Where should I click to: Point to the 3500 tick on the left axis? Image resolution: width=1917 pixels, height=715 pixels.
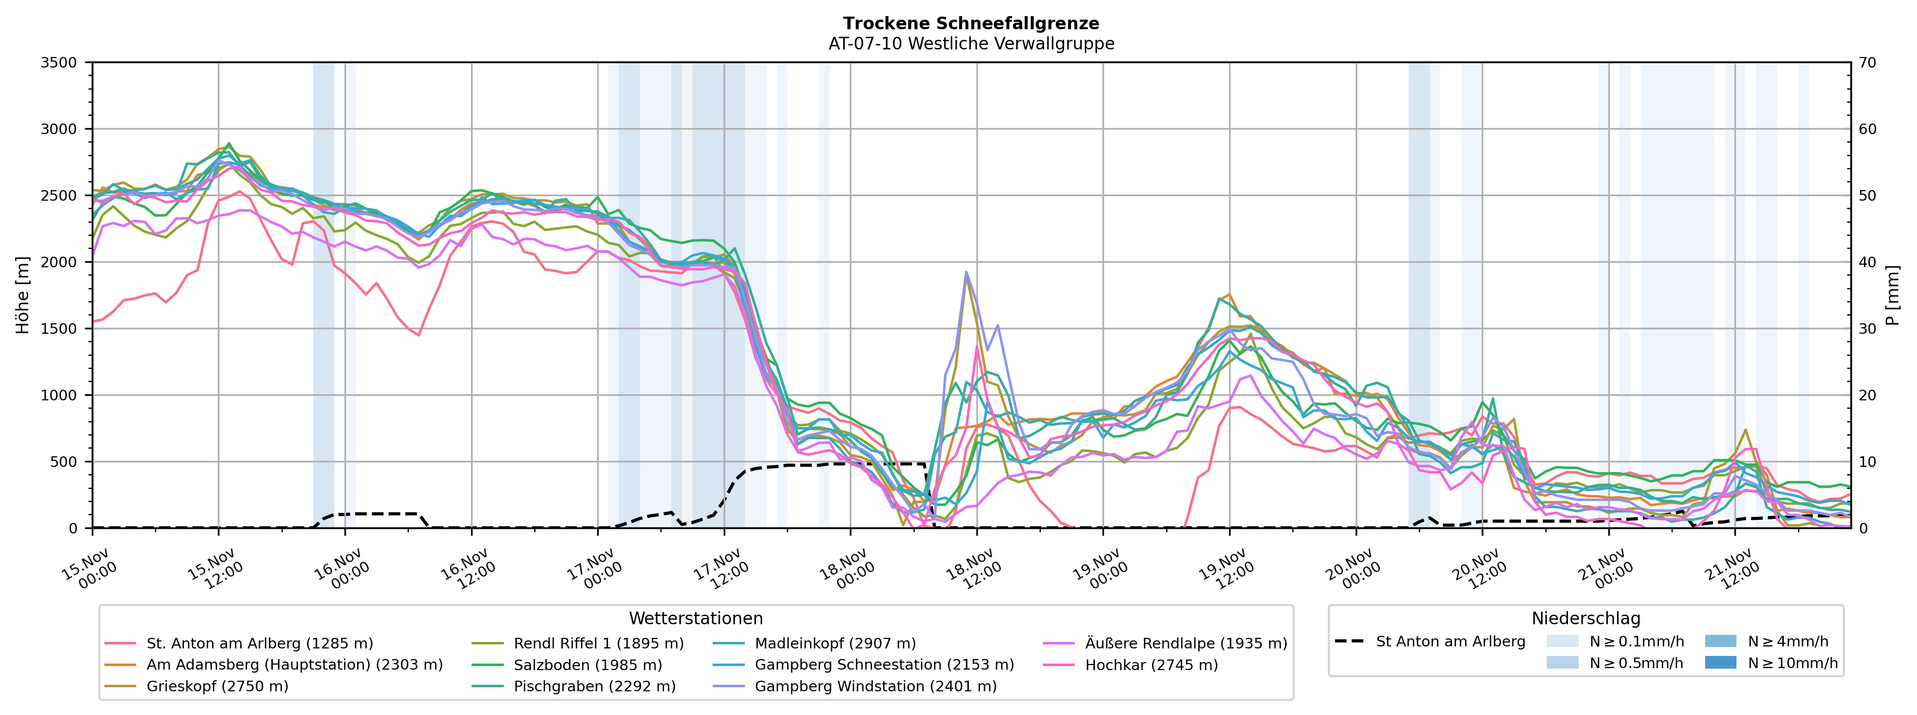pyautogui.click(x=59, y=63)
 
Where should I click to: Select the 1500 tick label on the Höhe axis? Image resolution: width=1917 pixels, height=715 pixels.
pyautogui.click(x=59, y=329)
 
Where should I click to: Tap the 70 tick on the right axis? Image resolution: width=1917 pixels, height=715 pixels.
pyautogui.click(x=1867, y=63)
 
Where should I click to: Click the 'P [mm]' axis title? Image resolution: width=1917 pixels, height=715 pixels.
pyautogui.click(x=1892, y=295)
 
